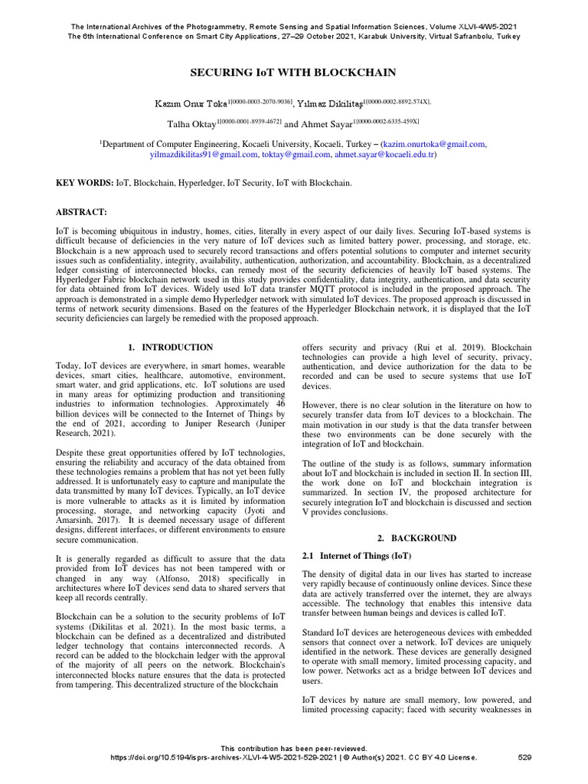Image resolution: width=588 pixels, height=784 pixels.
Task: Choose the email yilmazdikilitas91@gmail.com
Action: pyautogui.click(x=204, y=155)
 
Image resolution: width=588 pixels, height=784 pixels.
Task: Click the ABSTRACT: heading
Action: pyautogui.click(x=83, y=211)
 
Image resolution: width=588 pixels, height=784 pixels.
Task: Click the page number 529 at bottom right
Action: pyautogui.click(x=524, y=757)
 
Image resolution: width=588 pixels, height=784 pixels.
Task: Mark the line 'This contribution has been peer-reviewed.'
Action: pyautogui.click(x=293, y=748)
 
